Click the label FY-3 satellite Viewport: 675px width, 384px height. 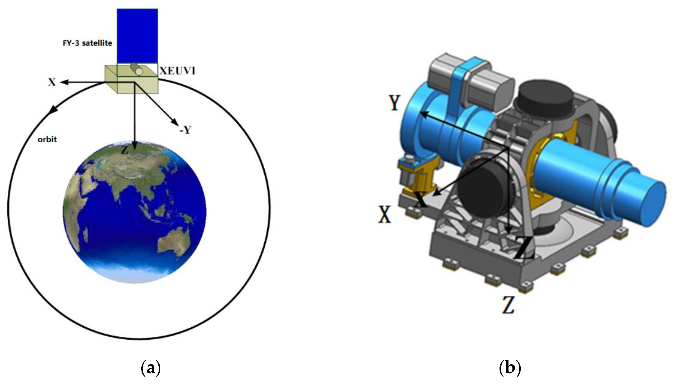[87, 43]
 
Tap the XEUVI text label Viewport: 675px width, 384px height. [177, 71]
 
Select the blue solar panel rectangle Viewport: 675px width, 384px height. [137, 36]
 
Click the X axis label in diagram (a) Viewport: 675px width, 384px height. [52, 82]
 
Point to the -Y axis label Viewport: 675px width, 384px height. [185, 129]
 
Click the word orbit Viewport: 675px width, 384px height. [47, 139]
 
